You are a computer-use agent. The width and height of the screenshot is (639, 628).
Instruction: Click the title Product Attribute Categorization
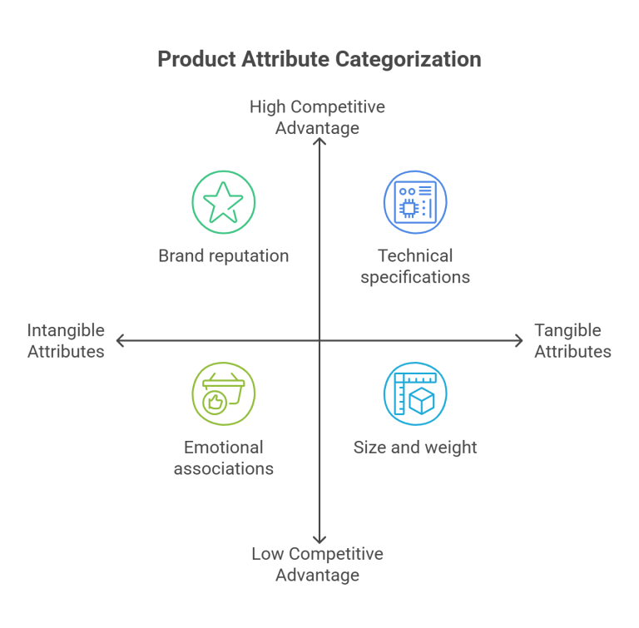tap(319, 59)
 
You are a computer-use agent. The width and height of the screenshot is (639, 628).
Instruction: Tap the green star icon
tap(223, 202)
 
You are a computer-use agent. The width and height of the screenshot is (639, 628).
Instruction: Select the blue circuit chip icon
tap(414, 202)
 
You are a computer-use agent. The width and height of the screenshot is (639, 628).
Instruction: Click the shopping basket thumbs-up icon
tap(223, 393)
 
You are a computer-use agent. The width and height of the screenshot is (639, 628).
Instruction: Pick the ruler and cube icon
tap(414, 393)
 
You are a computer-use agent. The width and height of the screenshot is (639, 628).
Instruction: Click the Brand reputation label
tap(223, 255)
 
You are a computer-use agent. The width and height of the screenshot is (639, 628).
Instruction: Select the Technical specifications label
tap(414, 266)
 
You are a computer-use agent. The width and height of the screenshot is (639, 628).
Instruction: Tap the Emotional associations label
tap(223, 457)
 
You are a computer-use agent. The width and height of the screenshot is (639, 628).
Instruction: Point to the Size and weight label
tap(414, 447)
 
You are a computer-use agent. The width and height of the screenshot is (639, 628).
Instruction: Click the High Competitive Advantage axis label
tap(317, 117)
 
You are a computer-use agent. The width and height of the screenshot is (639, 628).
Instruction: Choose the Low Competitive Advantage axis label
tap(317, 564)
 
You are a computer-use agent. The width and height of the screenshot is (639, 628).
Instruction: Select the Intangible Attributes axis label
tap(66, 340)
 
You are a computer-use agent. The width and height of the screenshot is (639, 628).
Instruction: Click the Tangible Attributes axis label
tap(572, 340)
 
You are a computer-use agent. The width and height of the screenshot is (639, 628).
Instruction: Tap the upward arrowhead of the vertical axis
tap(319, 142)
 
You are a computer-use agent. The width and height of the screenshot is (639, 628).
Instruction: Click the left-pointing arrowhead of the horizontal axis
tap(120, 340)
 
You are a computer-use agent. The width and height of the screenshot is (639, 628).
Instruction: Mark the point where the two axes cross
tap(319, 340)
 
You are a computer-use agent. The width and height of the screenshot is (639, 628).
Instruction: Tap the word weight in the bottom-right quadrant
tap(449, 447)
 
